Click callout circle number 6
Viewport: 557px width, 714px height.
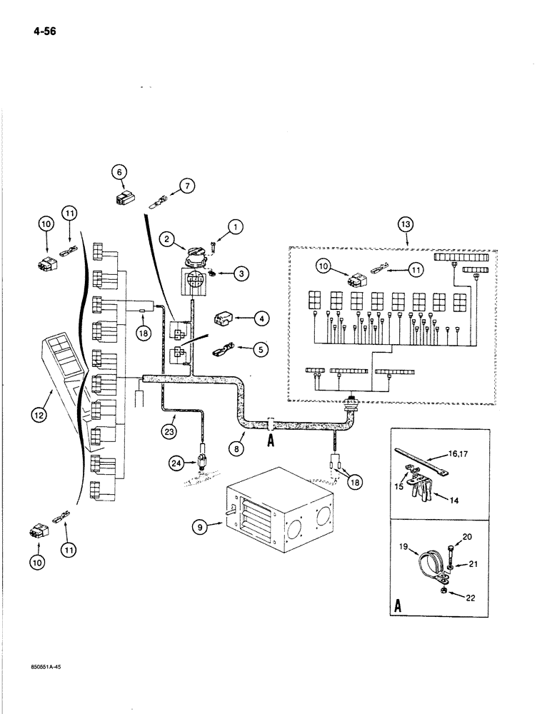pos(120,171)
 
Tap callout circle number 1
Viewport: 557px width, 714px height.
pos(234,228)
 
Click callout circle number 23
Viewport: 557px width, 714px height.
pos(168,431)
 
